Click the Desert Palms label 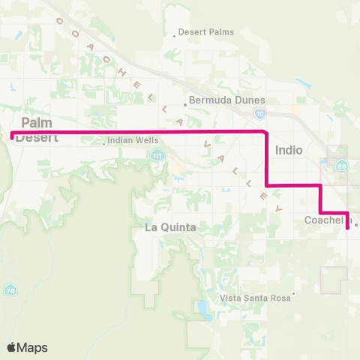pos(206,32)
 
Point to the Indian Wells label pos(130,140)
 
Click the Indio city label pos(289,150)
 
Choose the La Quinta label pos(170,227)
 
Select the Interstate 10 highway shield pos(259,113)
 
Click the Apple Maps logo pos(26,347)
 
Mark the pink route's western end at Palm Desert pos(11,135)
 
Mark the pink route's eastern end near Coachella pos(348,228)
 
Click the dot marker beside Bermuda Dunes pos(185,105)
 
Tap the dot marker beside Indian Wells pos(103,144)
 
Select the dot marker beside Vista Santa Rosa pos(294,293)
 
